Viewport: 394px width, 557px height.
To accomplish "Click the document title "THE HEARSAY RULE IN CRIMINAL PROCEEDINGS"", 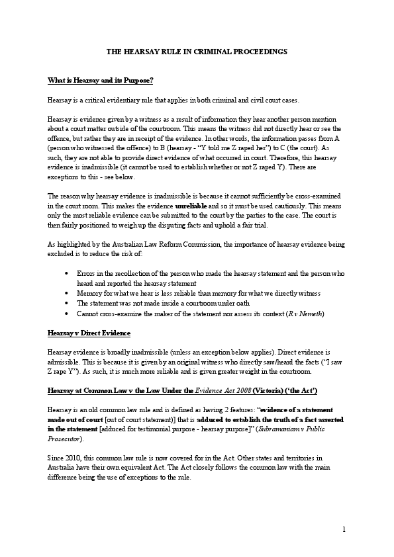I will pyautogui.click(x=197, y=51).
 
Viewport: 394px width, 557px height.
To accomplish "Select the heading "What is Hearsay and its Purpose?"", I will pyautogui.click(x=101, y=81).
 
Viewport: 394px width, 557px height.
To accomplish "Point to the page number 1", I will pyautogui.click(x=345, y=529).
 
